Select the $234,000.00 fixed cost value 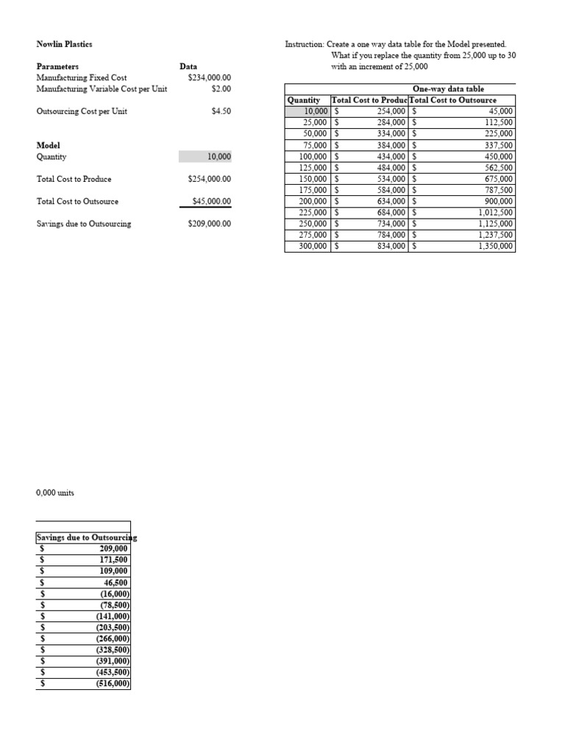click(209, 77)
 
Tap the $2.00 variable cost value click(221, 88)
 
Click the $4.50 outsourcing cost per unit click(221, 112)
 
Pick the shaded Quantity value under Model click(218, 157)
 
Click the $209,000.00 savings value click(209, 223)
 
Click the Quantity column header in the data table click(304, 100)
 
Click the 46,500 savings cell click(113, 582)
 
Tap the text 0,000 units click(54, 492)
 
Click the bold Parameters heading click(57, 66)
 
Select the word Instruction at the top click(304, 44)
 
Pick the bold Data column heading click(188, 66)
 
